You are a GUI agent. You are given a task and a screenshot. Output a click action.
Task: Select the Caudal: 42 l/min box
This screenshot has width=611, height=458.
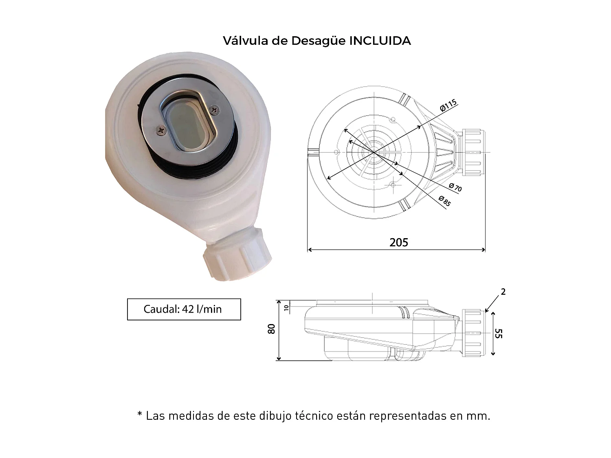[184, 309]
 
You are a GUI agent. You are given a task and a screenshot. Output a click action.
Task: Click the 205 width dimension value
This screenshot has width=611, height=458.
[398, 243]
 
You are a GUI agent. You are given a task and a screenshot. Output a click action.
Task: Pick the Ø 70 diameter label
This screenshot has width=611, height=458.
[455, 188]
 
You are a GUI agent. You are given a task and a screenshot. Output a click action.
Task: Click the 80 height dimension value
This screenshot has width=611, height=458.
[272, 329]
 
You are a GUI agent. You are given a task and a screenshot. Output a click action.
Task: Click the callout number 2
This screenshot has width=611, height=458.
[503, 292]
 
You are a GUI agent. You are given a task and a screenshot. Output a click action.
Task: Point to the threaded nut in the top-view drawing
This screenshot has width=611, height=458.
[473, 153]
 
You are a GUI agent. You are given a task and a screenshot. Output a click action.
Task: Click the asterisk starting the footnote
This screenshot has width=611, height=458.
[140, 415]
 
